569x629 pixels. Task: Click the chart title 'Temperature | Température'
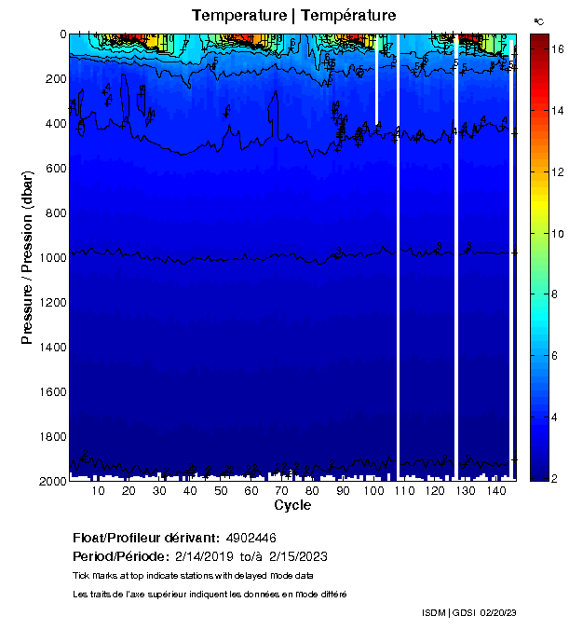[x=293, y=15]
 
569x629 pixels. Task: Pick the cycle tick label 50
[x=221, y=491]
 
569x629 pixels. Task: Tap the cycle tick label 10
[x=99, y=491]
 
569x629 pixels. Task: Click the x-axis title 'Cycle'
[x=292, y=505]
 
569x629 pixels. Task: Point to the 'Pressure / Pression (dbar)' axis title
[x=28, y=256]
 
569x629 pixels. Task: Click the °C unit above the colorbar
[x=538, y=20]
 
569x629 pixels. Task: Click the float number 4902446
[x=251, y=538]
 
